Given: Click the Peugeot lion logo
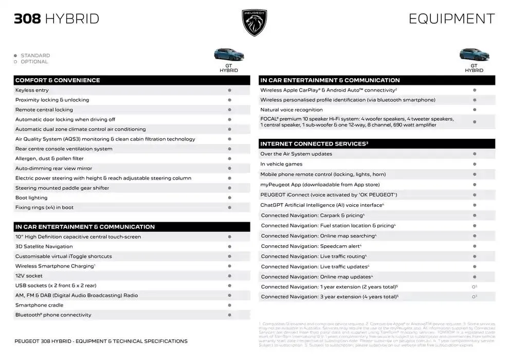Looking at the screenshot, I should click(x=254, y=23).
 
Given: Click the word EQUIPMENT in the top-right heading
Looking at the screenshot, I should click(x=451, y=19).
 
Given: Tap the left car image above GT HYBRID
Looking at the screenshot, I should click(x=229, y=55).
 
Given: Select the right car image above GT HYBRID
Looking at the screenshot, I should click(x=474, y=55).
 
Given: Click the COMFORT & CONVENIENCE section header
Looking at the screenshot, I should click(x=58, y=80).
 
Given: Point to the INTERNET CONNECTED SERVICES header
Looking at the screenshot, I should click(x=314, y=144).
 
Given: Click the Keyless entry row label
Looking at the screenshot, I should click(x=32, y=90).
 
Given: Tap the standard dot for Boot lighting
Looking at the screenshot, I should click(x=229, y=198).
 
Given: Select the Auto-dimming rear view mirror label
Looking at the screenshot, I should click(x=53, y=168).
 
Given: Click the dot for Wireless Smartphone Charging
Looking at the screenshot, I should click(x=229, y=266).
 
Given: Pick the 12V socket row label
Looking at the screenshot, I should click(x=29, y=276).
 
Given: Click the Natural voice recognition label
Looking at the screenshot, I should click(x=292, y=110).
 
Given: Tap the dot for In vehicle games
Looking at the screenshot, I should click(x=474, y=164).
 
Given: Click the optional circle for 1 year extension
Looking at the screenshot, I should click(x=474, y=287).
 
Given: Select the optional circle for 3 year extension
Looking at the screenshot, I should click(x=474, y=297).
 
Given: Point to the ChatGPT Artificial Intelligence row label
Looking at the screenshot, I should click(x=321, y=205).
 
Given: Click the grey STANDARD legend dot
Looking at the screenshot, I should click(x=15, y=56).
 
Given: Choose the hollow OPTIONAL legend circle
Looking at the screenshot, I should click(x=15, y=62).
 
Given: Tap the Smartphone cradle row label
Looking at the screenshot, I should click(x=39, y=305).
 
